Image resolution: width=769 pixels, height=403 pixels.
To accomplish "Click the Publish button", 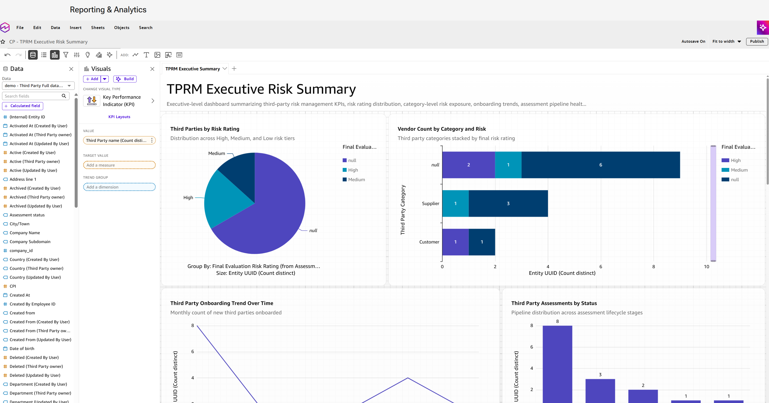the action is coord(757,42).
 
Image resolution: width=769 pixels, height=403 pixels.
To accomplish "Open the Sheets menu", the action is coord(98,27).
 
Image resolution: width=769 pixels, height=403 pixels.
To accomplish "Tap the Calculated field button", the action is coord(23,106).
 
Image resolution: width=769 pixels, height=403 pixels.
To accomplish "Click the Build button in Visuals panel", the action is coord(125,79).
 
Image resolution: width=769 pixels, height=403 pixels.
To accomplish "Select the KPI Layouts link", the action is coord(119,117).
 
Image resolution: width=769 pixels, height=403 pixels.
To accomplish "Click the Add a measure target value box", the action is coord(119,165).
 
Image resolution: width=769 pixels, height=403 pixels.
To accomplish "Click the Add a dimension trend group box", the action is coord(119,187).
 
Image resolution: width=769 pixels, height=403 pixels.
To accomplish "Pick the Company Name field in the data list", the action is coord(24,233).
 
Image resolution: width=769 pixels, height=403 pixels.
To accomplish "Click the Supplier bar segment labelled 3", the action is coord(508,204).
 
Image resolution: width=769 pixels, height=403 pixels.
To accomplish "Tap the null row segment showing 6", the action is coord(601,165).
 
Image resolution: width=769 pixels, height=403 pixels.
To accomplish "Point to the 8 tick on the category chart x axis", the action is coord(653,267).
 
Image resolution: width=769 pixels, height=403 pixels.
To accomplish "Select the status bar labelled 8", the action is coord(557,364).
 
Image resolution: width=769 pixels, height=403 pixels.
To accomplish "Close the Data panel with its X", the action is coord(71,69).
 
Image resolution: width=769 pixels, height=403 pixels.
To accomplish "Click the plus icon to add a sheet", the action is coord(234,69).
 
